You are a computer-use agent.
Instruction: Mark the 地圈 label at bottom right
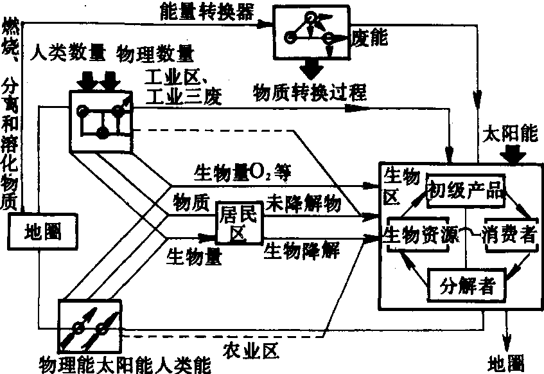505,361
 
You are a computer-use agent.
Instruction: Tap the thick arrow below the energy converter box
313,67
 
